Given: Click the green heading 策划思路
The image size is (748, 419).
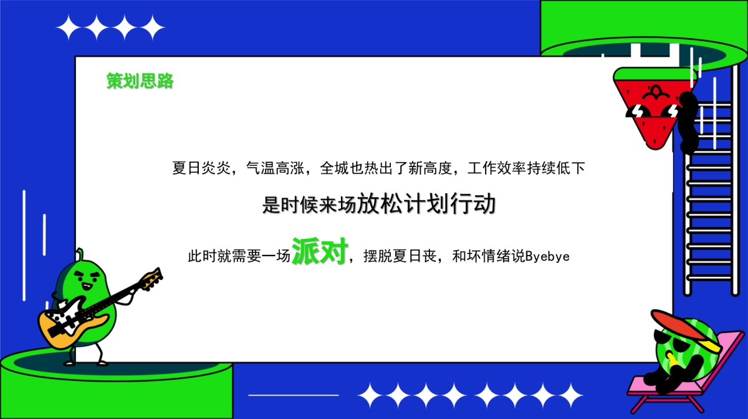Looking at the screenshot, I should point(140,81).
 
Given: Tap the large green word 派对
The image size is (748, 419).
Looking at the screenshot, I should point(319,252).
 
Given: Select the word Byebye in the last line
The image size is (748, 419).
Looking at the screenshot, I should point(547,256).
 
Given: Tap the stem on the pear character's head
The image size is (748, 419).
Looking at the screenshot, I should point(80,254).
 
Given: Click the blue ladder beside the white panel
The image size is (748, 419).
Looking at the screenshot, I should point(710,206).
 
